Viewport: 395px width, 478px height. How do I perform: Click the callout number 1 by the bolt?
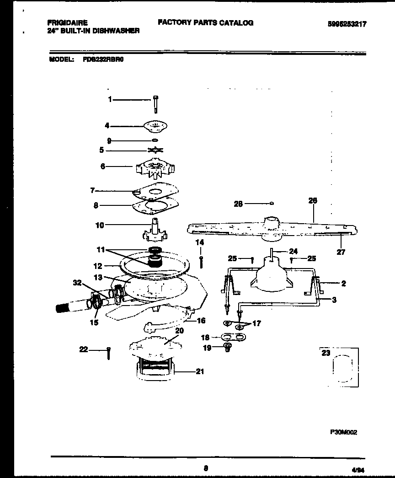110,99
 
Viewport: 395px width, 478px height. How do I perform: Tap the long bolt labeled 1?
156,104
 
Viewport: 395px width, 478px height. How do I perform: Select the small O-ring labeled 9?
155,140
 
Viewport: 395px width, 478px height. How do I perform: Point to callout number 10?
99,225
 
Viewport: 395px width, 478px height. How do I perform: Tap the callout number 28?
238,204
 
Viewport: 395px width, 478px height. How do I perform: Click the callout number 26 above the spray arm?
313,200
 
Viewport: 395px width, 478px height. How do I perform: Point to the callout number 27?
341,252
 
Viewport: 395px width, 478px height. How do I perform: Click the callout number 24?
293,251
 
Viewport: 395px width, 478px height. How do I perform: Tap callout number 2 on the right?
343,284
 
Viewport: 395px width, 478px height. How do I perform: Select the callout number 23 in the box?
326,353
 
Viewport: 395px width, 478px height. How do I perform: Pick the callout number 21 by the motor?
199,371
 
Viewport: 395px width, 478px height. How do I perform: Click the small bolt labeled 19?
227,349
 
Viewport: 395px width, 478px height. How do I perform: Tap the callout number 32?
77,283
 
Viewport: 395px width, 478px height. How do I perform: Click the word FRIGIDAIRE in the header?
67,22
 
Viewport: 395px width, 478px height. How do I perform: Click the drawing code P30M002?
344,431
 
